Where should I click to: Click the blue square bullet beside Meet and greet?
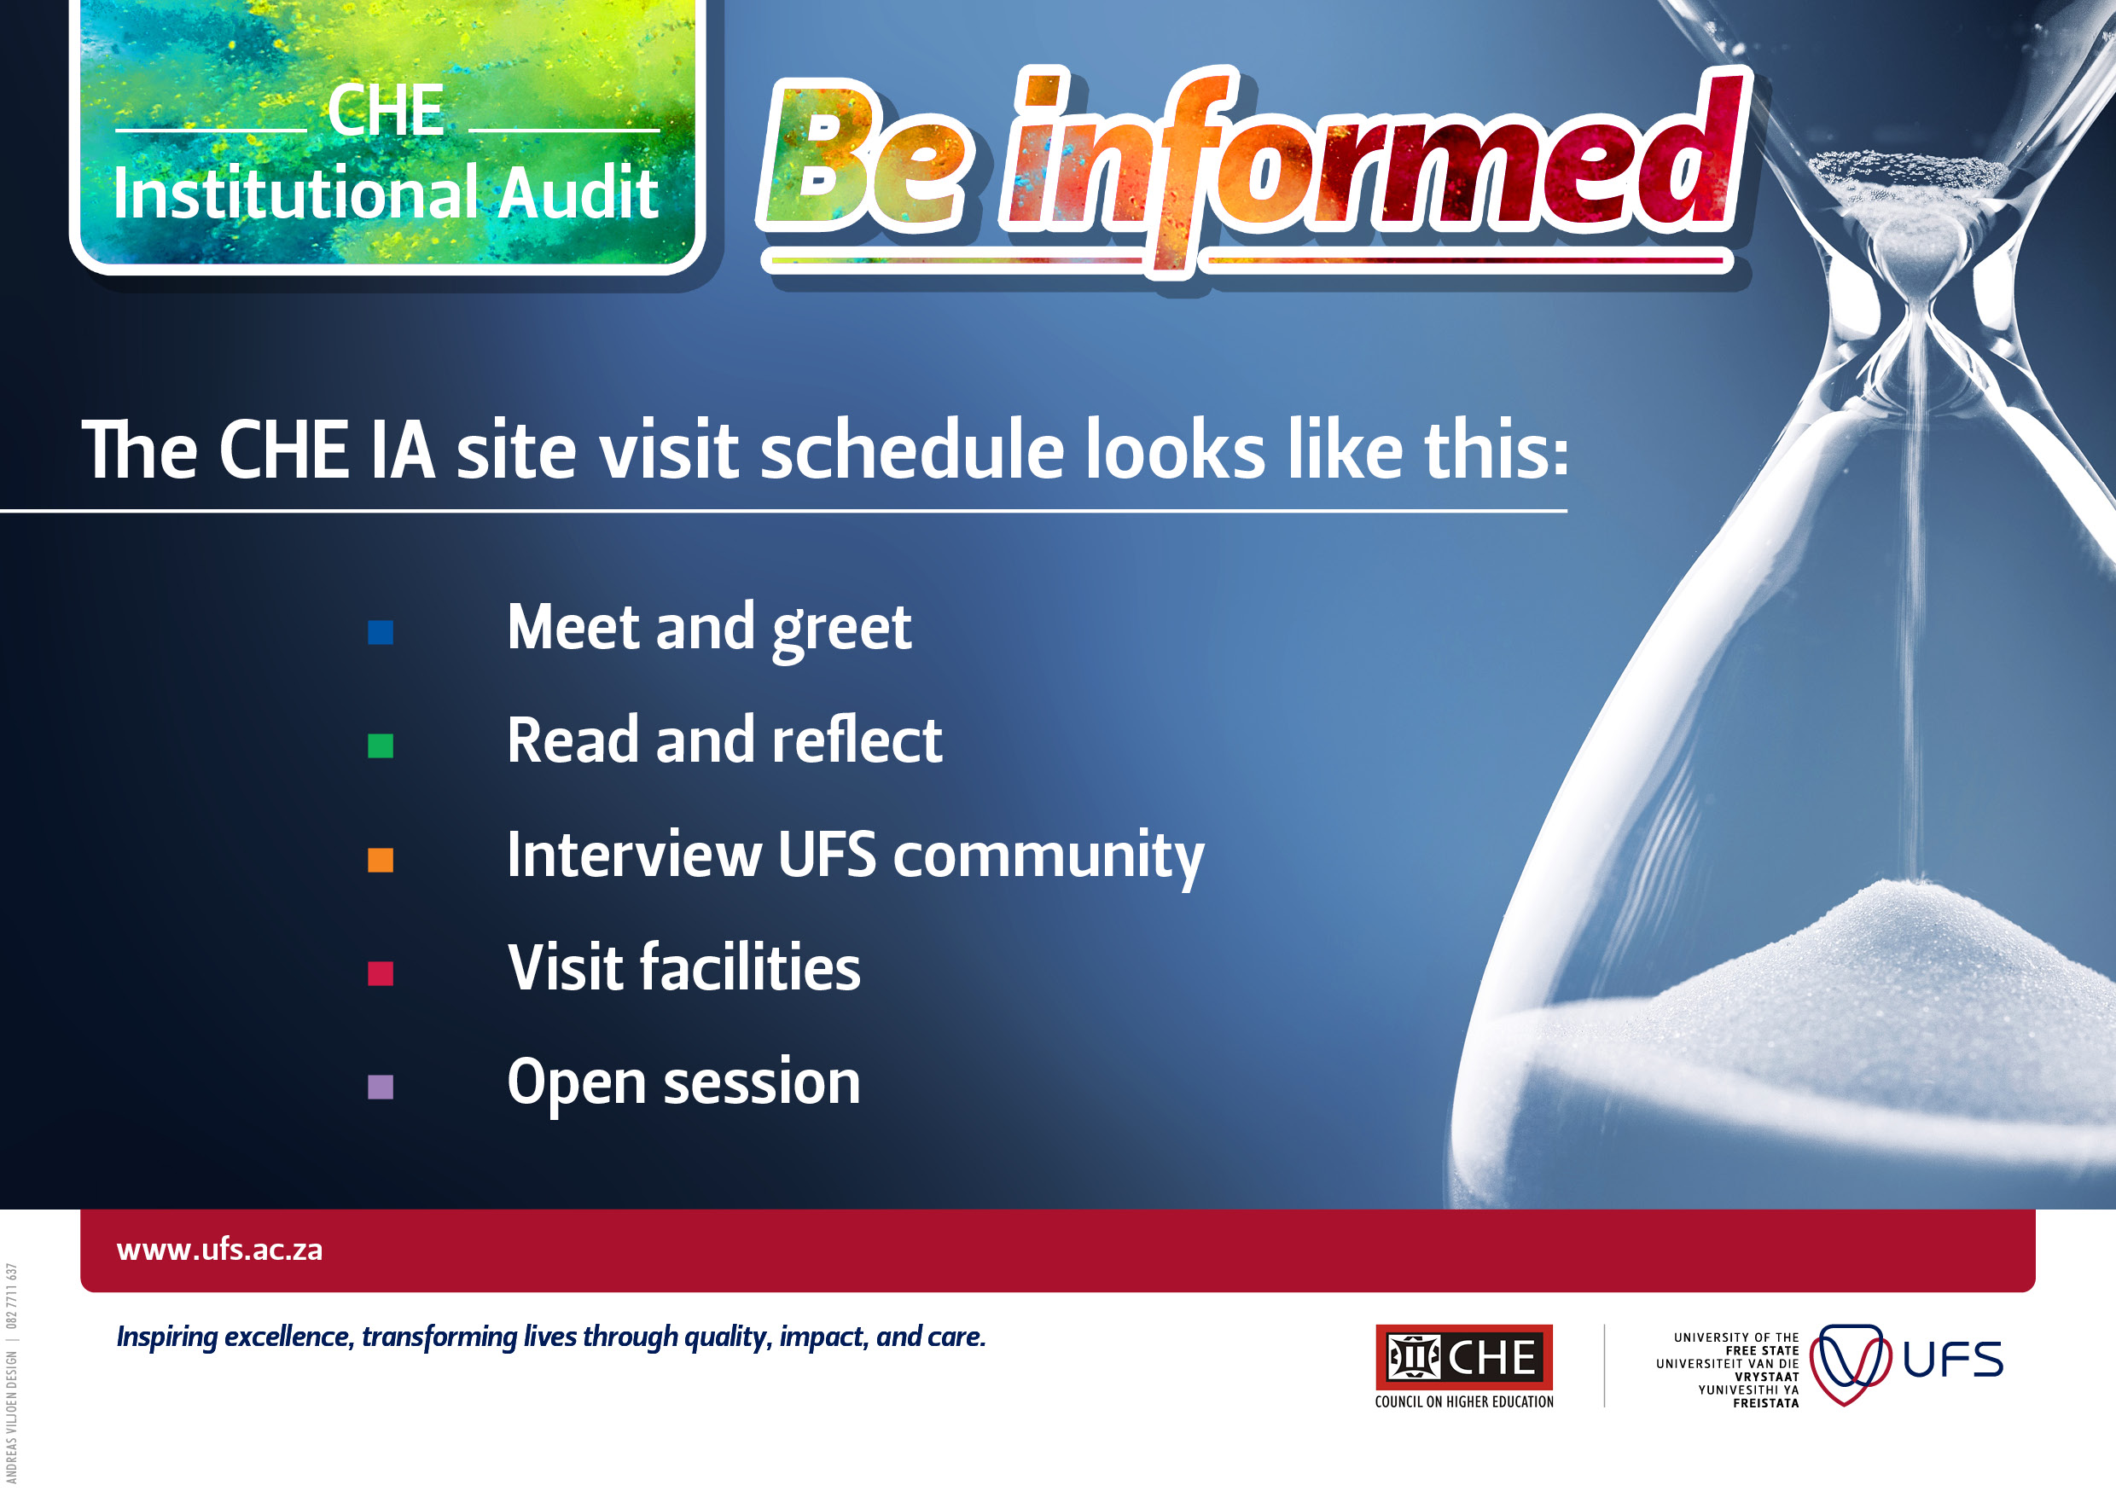pos(380,632)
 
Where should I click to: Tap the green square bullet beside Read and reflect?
pos(380,745)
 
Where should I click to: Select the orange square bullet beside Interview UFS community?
pos(380,860)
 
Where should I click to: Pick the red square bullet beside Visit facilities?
pos(380,973)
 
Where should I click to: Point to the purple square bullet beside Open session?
pos(380,1088)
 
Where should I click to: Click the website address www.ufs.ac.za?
pos(219,1250)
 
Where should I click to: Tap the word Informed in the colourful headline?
pos(1373,161)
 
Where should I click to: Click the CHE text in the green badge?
pos(387,111)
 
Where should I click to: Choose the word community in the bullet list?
pos(1049,856)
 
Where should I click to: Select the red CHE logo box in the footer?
pos(1463,1356)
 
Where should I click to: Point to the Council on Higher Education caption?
pos(1463,1401)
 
